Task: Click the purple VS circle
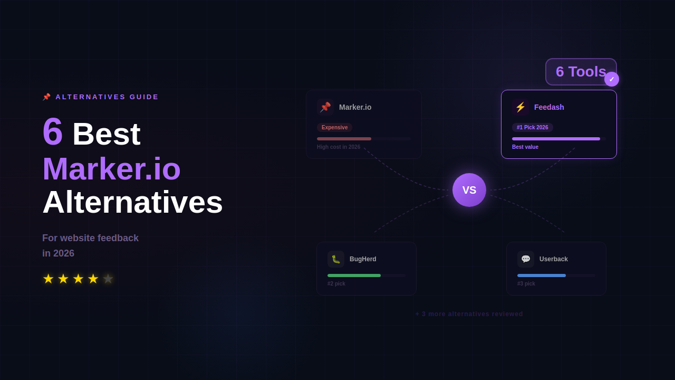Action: click(469, 190)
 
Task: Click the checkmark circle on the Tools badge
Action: click(612, 79)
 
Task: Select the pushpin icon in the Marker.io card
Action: click(325, 107)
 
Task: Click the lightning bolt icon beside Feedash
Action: click(520, 107)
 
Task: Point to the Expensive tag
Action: click(334, 127)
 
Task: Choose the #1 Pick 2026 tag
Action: click(532, 127)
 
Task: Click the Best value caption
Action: click(525, 147)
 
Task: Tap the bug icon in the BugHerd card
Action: click(336, 259)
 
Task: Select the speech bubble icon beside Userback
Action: click(526, 259)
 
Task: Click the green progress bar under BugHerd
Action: click(354, 275)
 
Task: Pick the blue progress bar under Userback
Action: click(542, 275)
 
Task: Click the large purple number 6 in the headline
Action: click(53, 131)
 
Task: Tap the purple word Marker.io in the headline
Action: click(112, 168)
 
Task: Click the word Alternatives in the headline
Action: click(132, 202)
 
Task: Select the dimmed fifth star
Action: click(108, 279)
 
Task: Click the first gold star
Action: click(49, 279)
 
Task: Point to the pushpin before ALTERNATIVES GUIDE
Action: click(46, 97)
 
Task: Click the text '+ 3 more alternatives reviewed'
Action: click(469, 314)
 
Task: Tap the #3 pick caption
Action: click(526, 284)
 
